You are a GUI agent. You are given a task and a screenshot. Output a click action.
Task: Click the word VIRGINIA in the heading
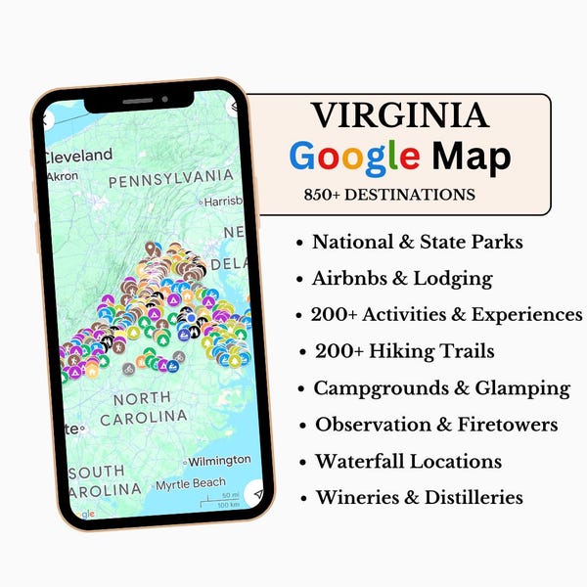pyautogui.click(x=400, y=115)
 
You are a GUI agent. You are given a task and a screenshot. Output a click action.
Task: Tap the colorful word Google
pyautogui.click(x=355, y=157)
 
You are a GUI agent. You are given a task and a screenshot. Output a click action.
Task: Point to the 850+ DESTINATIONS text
pyautogui.click(x=389, y=195)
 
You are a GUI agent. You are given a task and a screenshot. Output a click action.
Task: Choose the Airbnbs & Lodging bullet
pyautogui.click(x=402, y=278)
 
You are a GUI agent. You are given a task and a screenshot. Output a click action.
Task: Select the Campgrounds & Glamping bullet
pyautogui.click(x=441, y=387)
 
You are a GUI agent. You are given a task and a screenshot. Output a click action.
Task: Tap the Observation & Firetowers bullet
pyautogui.click(x=435, y=425)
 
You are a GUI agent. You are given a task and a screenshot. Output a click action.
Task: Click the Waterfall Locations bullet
pyautogui.click(x=408, y=461)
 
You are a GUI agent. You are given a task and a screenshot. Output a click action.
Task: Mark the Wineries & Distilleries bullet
pyautogui.click(x=419, y=497)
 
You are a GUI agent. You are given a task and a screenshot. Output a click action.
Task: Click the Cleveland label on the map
pyautogui.click(x=77, y=156)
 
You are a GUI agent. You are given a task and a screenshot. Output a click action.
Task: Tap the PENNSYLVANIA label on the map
pyautogui.click(x=170, y=180)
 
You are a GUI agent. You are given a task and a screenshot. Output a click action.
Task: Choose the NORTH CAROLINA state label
pyautogui.click(x=149, y=407)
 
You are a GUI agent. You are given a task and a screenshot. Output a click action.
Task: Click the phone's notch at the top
pyautogui.click(x=138, y=100)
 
